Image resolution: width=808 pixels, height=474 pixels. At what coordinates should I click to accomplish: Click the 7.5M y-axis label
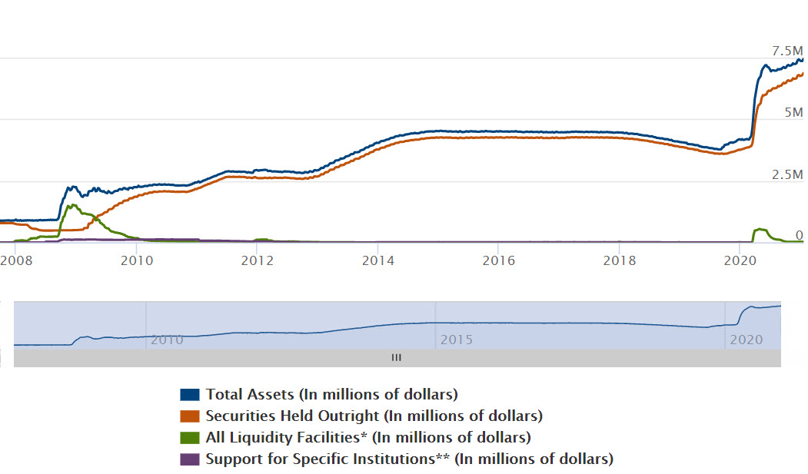(x=787, y=51)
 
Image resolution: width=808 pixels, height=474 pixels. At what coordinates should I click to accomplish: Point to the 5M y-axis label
(x=794, y=112)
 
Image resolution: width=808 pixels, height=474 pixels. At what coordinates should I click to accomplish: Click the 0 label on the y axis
(x=799, y=235)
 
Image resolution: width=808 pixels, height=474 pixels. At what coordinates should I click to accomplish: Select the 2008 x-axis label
(x=15, y=260)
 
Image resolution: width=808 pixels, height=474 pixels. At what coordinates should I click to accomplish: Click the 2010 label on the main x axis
(x=136, y=260)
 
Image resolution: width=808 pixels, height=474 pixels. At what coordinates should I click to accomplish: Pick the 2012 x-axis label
(x=258, y=260)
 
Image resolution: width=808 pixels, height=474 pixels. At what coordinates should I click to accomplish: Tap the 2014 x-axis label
(x=378, y=260)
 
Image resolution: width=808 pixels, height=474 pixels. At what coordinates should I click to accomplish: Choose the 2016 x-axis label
(x=498, y=260)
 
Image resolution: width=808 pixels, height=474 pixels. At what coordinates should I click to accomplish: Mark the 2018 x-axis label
(x=620, y=260)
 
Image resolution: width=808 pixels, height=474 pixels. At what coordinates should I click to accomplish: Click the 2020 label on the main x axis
(x=740, y=260)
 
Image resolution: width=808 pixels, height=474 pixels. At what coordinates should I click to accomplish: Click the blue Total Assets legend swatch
(x=190, y=395)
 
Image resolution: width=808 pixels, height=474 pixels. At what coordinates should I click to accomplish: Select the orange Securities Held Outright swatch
(x=190, y=416)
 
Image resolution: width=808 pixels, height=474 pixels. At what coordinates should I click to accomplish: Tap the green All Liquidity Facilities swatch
(x=190, y=438)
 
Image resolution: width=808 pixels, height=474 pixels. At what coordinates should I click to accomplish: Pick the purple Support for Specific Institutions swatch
(x=190, y=459)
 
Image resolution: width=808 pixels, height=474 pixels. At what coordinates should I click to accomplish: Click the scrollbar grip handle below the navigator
(x=397, y=357)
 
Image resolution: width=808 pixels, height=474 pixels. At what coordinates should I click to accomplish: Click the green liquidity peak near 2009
(x=71, y=205)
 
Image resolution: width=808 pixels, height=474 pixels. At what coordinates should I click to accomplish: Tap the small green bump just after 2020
(x=760, y=229)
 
